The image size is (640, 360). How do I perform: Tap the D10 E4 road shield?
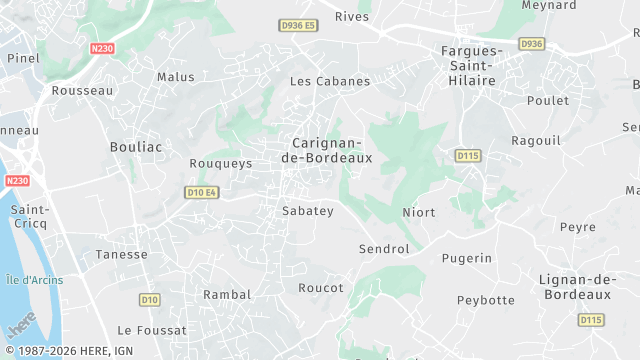pyautogui.click(x=202, y=192)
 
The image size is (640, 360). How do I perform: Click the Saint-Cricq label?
pyautogui.click(x=30, y=217)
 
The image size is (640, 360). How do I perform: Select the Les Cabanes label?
pyautogui.click(x=329, y=81)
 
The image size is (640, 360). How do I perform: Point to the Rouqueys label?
pyautogui.click(x=220, y=163)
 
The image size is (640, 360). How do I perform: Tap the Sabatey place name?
pyautogui.click(x=308, y=211)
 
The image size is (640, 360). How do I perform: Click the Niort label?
pyautogui.click(x=418, y=213)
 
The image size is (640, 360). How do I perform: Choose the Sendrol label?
pyautogui.click(x=384, y=248)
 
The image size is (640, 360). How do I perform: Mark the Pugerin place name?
pyautogui.click(x=467, y=258)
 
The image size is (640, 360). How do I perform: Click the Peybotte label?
pyautogui.click(x=485, y=300)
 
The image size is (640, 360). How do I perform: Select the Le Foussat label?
pyautogui.click(x=152, y=330)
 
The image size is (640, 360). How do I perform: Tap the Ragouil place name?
pyautogui.click(x=535, y=141)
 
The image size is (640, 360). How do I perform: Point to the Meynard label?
pyautogui.click(x=548, y=5)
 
